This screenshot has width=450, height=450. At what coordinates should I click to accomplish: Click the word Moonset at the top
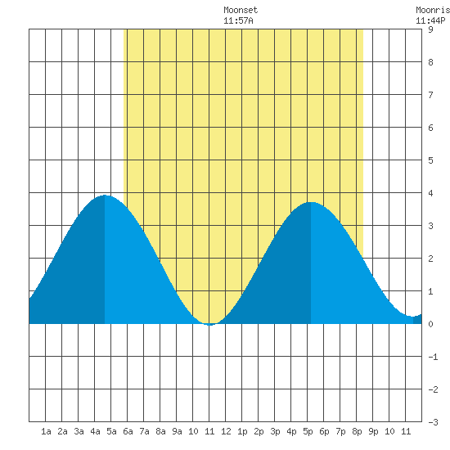coord(241,10)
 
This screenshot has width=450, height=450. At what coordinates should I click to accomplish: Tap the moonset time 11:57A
coord(238,20)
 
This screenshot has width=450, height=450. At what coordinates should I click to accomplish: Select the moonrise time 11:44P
coord(430,20)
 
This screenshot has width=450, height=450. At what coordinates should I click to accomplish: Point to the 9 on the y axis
coord(430,29)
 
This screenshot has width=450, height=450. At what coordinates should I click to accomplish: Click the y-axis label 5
coord(430,160)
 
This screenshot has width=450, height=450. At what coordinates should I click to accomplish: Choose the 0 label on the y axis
coord(430,324)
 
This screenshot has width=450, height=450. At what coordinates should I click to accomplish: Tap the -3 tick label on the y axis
coord(433,422)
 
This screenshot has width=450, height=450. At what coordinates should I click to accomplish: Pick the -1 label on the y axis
coord(433,357)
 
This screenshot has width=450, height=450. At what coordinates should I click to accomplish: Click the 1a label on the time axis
coord(46,431)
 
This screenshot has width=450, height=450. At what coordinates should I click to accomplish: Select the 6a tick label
coord(128,431)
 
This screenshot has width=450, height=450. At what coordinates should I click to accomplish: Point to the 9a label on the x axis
coord(177,431)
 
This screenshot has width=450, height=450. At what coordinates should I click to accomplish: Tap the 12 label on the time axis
coord(226,431)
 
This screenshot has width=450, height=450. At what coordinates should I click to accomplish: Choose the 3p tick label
coord(275,431)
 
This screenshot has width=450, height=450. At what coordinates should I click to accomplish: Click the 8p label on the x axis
coord(357,431)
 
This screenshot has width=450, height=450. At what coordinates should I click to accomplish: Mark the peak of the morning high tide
coord(105,196)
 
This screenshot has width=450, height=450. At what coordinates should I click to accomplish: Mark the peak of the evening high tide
coord(311,202)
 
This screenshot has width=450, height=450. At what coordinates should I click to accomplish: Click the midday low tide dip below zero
coord(209,325)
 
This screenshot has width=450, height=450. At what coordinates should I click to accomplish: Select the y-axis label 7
coord(430,95)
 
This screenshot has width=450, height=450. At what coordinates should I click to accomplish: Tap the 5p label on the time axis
coord(308,431)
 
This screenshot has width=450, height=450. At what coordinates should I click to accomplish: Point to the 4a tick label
coord(95,431)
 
